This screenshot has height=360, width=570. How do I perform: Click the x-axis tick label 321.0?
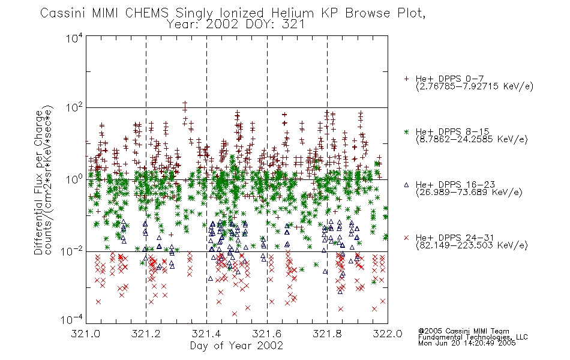pos(85,334)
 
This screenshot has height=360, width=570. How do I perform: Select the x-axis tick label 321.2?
pos(146,334)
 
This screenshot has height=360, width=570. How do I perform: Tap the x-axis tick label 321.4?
pos(206,334)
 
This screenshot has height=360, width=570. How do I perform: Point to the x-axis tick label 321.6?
pos(267,334)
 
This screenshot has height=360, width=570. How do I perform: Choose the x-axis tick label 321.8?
pos(327,334)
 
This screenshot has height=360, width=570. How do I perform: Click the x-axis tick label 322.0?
pos(388,334)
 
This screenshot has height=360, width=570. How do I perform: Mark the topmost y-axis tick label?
pos(74,38)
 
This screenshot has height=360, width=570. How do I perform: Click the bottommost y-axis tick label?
pos(72,319)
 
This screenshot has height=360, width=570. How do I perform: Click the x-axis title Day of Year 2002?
pos(236,346)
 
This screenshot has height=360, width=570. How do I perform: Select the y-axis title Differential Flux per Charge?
pos(39,182)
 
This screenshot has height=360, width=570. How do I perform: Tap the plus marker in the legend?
pos(406,79)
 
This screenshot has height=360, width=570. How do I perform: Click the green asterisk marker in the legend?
pos(406,131)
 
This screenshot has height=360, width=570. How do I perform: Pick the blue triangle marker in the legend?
pos(406,185)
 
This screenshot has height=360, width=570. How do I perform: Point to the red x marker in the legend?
pos(406,238)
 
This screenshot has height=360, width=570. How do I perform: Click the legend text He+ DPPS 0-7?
pos(449,79)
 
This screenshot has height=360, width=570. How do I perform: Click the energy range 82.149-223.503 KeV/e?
pos(472,245)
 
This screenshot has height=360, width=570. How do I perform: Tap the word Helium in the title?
pos(292,13)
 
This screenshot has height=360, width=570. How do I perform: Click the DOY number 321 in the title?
pos(293,25)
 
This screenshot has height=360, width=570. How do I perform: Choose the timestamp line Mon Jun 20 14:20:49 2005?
pos(467,343)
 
